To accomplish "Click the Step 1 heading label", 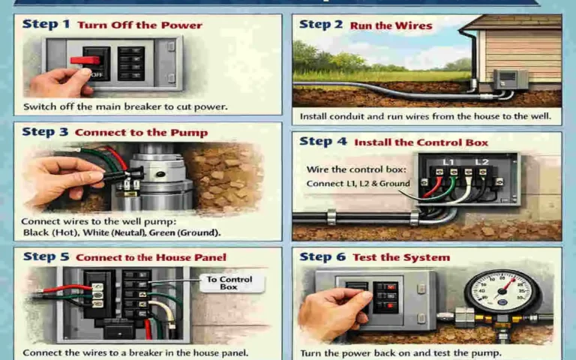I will tap(46, 25).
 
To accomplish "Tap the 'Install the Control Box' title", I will tap(421, 142).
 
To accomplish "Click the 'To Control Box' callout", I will tap(229, 283).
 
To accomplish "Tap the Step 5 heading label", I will tap(46, 257).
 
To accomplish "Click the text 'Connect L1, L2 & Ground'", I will tap(358, 184).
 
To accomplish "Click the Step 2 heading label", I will tap(321, 25).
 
